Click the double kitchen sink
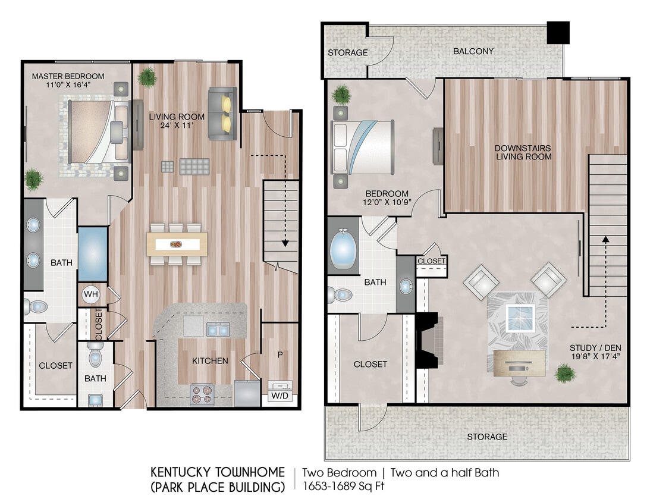[218, 330]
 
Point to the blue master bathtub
[93, 254]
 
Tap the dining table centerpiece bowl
[177, 244]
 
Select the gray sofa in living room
[222, 113]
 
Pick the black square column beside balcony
[558, 33]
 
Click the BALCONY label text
[473, 51]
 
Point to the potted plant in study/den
[564, 374]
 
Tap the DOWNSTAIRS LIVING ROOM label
[523, 152]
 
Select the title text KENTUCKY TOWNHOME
[218, 473]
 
